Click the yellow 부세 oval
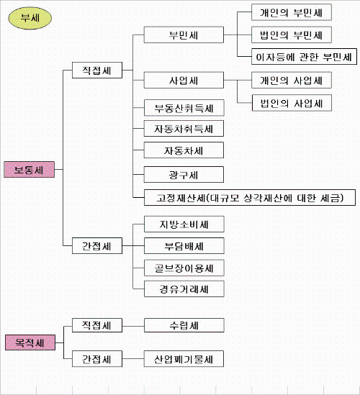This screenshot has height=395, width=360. [x=30, y=18]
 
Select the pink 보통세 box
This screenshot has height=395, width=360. [x=30, y=170]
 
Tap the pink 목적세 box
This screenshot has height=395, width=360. [x=30, y=342]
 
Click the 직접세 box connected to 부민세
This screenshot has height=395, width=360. [x=97, y=70]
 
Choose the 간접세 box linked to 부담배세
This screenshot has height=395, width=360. [x=97, y=245]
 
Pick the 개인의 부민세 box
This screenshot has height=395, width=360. [x=292, y=12]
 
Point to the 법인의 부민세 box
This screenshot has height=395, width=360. [x=292, y=35]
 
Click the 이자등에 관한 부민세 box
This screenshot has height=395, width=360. [x=304, y=57]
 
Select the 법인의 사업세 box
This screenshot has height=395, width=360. [x=292, y=103]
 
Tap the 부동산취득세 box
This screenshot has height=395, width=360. [x=184, y=108]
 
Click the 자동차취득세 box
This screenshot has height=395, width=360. [x=184, y=129]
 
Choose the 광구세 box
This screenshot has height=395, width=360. [x=184, y=175]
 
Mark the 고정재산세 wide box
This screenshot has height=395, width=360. [x=250, y=198]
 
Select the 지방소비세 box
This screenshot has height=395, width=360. [x=184, y=224]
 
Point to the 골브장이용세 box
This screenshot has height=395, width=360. [x=184, y=268]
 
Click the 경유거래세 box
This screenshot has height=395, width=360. [x=184, y=289]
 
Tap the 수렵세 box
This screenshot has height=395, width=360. [x=184, y=325]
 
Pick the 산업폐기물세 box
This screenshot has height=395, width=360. [x=184, y=359]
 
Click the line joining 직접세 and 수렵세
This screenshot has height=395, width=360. [x=133, y=326]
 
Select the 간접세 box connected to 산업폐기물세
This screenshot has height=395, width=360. [x=97, y=359]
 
